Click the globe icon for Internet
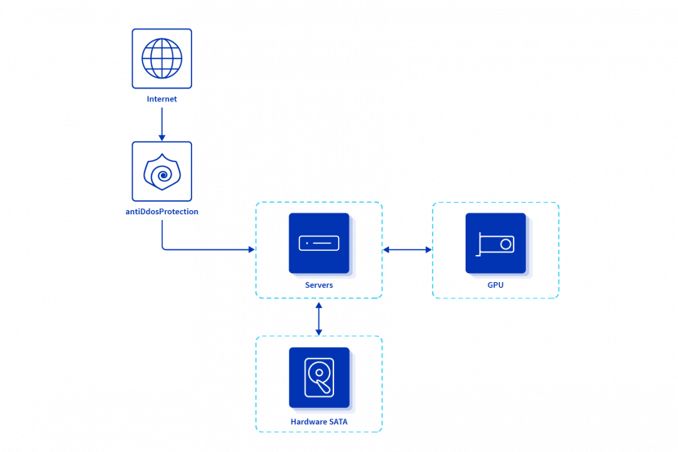(x=162, y=58)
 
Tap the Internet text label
(x=162, y=99)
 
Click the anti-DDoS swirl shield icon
(x=162, y=172)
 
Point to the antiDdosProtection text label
(x=162, y=212)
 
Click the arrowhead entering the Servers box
(x=252, y=249)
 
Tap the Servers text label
(x=319, y=285)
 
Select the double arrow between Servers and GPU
(x=407, y=249)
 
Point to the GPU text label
(x=496, y=285)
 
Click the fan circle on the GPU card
(x=506, y=244)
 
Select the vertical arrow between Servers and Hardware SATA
(x=319, y=317)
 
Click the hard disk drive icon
(x=319, y=378)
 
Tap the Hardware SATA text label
(x=319, y=422)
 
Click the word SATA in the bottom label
(x=338, y=422)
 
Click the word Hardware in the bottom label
(x=308, y=422)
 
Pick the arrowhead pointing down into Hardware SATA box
(x=319, y=332)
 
